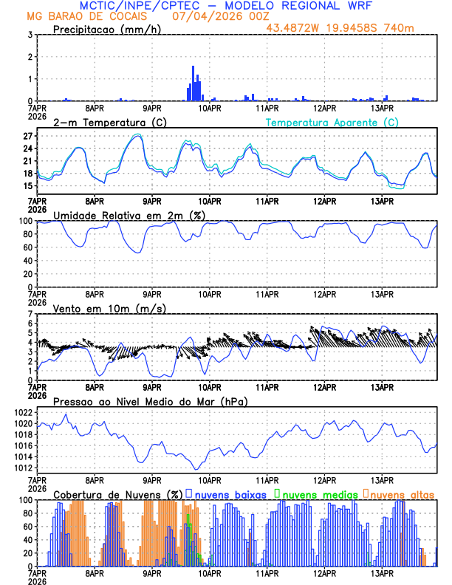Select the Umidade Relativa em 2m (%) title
[129, 215]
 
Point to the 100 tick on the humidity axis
[25, 221]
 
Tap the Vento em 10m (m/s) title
[109, 308]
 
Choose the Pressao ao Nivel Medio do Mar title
[150, 401]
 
